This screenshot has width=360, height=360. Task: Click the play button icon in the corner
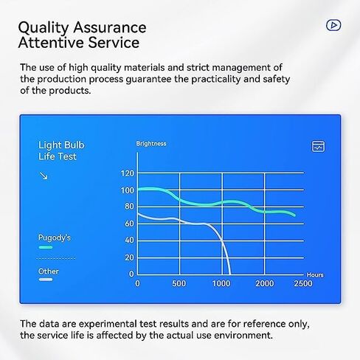[x=333, y=25]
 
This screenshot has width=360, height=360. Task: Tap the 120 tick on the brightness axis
[x=128, y=173]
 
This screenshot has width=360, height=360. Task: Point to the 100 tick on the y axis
[x=128, y=190]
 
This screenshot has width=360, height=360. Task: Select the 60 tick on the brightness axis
[x=129, y=224]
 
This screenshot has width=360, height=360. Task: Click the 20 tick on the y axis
[x=129, y=257]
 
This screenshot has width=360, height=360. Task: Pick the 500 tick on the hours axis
[x=179, y=283]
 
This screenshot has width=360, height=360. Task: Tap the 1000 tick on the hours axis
[x=221, y=283]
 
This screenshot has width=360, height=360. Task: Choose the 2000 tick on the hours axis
[x=264, y=283]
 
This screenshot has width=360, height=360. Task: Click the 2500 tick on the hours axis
[x=303, y=283]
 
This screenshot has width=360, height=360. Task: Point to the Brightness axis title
[x=151, y=144]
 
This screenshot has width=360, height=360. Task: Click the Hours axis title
[x=315, y=275]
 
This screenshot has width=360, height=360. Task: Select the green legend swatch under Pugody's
[x=46, y=247]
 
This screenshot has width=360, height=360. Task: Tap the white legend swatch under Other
[x=46, y=280]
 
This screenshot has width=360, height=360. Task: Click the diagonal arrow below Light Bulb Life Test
[x=44, y=176]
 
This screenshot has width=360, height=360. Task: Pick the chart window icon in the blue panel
[x=318, y=147]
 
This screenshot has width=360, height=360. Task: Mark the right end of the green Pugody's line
[x=294, y=215]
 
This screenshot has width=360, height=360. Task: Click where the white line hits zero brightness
[x=230, y=274]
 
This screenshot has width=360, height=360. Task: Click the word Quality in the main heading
[x=43, y=28]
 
